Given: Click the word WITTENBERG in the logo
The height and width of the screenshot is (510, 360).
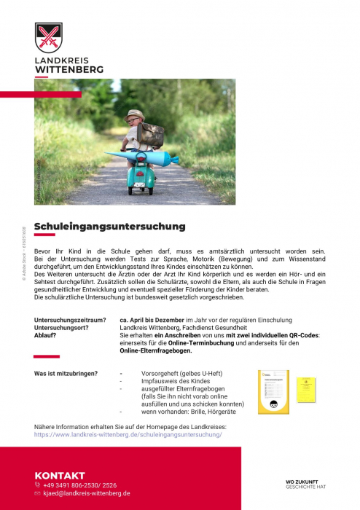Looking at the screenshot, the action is (x=69, y=71).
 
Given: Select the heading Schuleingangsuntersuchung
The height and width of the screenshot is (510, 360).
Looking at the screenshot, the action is (x=110, y=227).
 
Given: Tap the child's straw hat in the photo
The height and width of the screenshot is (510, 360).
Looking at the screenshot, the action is (x=135, y=115).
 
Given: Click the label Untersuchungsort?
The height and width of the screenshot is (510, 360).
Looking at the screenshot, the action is (x=62, y=328).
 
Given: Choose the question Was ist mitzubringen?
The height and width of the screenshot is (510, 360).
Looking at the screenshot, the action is (x=66, y=374).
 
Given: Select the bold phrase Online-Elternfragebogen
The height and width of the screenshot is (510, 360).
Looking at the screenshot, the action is (x=156, y=351).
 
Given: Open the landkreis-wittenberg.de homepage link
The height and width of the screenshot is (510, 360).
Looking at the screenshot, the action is (x=128, y=434).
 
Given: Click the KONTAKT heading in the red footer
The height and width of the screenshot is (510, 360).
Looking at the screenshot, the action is (x=60, y=475).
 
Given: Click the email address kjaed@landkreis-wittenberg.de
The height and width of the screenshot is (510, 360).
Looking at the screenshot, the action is (x=87, y=493).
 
